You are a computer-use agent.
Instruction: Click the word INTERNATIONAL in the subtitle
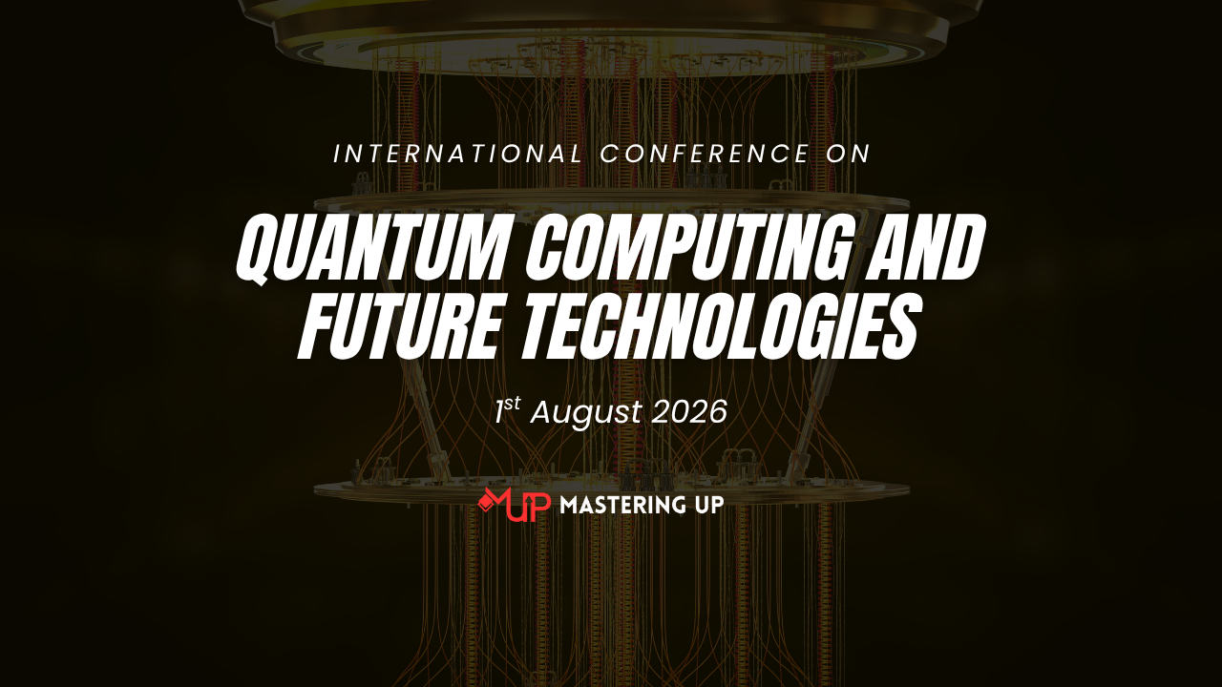[458, 154]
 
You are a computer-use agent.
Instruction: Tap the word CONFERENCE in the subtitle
[705, 154]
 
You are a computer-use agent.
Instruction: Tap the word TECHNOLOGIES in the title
[719, 326]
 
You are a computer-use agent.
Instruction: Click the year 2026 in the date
[689, 411]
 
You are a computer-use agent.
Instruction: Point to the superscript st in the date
[513, 404]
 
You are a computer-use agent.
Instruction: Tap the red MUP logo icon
[514, 505]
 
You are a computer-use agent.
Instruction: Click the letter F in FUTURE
[320, 326]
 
